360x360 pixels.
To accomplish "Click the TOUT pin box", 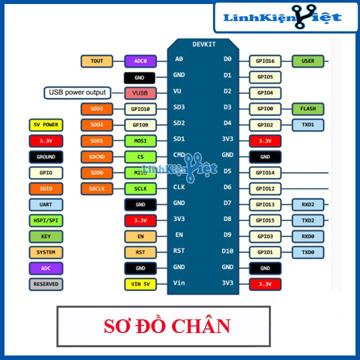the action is coord(96,61).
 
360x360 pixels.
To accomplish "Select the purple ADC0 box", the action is coord(140,61).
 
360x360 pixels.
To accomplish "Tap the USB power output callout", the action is coord(77,92).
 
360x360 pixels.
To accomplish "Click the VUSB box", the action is coord(140,93).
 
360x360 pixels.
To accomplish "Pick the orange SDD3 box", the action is coord(96,108).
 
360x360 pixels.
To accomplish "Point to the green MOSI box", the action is coord(140,141).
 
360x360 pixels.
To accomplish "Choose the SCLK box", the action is coord(140,188).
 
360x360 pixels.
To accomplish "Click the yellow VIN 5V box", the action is coord(140,284).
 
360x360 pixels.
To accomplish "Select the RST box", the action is coord(140,252).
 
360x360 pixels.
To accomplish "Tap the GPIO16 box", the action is coord(265,61).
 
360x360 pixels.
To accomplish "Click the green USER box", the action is coord(308,61).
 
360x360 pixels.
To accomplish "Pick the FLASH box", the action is coord(308,108).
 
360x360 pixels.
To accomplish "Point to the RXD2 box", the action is coord(308,204).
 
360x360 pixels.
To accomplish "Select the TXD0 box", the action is coord(308,252).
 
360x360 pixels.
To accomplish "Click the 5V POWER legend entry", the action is coord(45,125).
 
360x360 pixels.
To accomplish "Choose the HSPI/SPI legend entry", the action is coord(45,220).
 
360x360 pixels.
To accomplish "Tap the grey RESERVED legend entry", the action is coord(45,284).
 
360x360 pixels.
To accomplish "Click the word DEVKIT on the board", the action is coord(204,44).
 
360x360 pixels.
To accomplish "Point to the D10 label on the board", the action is coord(227,251).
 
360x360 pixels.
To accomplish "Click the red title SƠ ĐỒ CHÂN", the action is coord(167,326).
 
